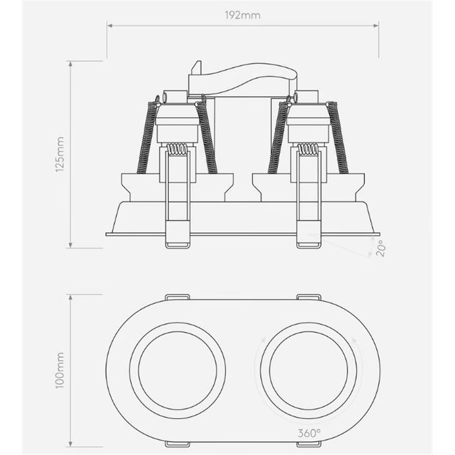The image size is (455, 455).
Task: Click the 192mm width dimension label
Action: [x=243, y=15]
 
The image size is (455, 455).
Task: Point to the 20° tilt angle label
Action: [x=380, y=249]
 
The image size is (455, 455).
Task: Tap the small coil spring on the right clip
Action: [x=308, y=151]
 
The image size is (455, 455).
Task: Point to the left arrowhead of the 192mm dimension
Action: [x=109, y=26]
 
